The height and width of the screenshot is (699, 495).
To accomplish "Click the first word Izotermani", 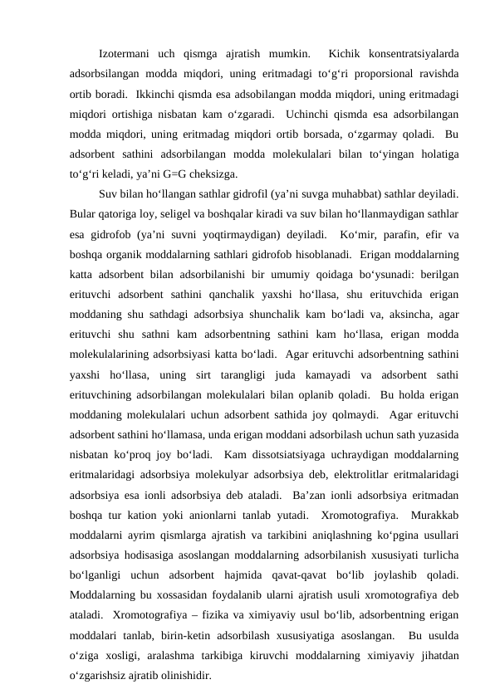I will tap(125, 55).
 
